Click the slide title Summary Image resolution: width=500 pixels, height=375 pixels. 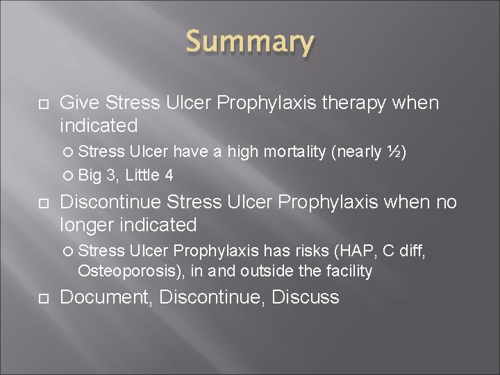coord(250,43)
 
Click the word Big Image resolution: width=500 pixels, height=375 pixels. coord(90,175)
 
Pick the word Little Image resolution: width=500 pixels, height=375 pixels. coord(141,175)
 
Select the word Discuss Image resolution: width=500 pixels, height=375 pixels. coord(306,297)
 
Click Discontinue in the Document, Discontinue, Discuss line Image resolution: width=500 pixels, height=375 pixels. coord(212,297)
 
